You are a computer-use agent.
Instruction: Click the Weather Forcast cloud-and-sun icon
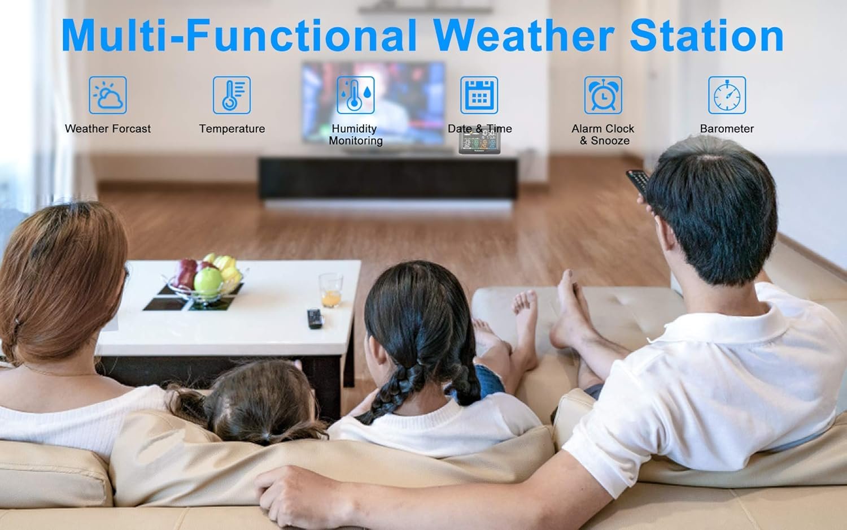(x=108, y=95)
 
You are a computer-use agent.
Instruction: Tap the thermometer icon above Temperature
(x=232, y=95)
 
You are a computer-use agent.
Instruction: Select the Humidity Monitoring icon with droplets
(x=355, y=95)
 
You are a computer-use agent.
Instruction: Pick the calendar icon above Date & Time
(x=479, y=95)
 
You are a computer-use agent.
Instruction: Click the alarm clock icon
(x=602, y=95)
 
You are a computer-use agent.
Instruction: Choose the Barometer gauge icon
(x=727, y=95)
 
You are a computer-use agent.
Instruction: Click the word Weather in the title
(x=523, y=35)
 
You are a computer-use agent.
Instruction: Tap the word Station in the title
(x=706, y=35)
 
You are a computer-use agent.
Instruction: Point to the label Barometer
(x=727, y=129)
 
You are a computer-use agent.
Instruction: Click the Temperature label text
(x=232, y=129)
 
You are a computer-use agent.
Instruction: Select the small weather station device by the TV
(x=479, y=141)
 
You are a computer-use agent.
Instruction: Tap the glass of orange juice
(x=331, y=290)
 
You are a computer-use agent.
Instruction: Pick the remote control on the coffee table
(x=315, y=319)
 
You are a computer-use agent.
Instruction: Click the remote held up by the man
(x=638, y=183)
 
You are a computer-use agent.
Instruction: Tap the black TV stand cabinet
(x=388, y=179)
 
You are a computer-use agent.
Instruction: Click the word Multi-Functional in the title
(x=239, y=35)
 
